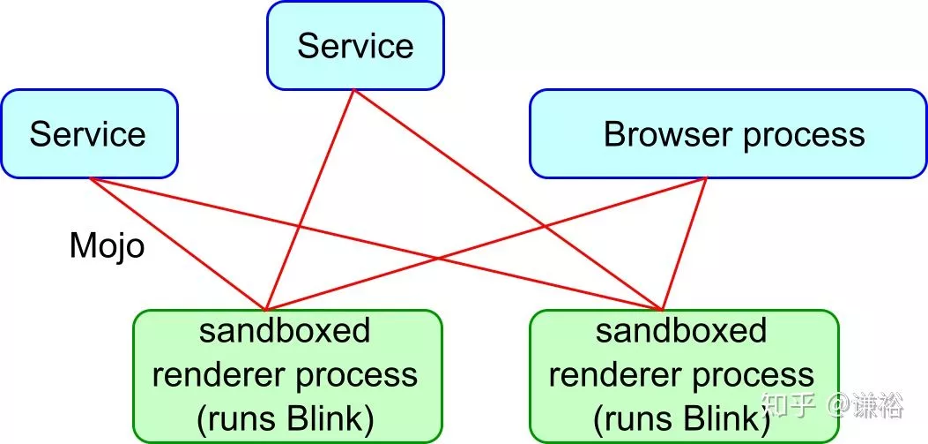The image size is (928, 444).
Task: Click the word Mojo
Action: coord(108,245)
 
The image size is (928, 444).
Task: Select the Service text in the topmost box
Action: coord(355,46)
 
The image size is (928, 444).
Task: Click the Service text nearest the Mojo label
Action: coord(87,134)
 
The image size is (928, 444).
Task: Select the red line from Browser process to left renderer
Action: coord(486,243)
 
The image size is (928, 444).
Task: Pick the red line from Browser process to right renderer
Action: coord(684,243)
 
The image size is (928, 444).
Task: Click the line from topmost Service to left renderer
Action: coord(309,199)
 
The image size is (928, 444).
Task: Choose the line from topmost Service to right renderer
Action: coord(508,199)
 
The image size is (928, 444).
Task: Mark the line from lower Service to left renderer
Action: coord(177,243)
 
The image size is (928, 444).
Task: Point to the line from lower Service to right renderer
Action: coord(375,243)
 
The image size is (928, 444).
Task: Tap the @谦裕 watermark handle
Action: coord(865,406)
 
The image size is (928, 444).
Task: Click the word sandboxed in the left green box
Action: coord(285,331)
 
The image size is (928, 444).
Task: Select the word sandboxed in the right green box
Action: coord(681,331)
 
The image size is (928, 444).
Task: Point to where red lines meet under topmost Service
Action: coord(354,89)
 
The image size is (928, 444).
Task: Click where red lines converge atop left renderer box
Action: coord(266,310)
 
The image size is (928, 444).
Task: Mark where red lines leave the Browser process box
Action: coord(707,177)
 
